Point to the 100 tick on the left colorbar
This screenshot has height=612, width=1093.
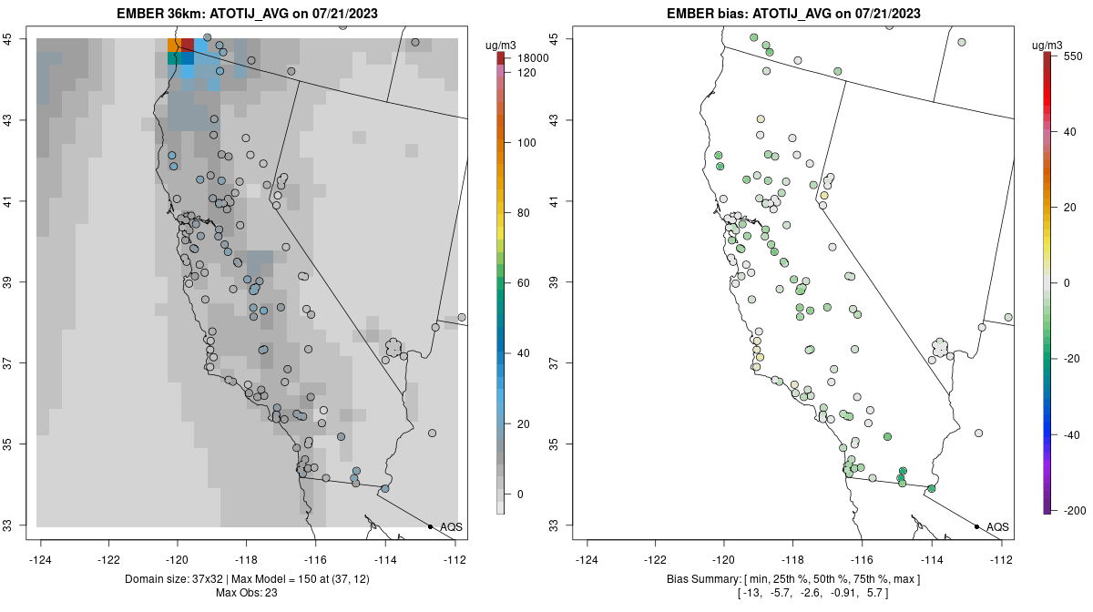pos(526,143)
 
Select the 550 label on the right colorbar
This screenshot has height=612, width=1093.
pos(1071,56)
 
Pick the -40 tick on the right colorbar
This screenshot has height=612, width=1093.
pos(1071,434)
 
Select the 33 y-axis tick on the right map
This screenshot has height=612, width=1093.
pos(555,525)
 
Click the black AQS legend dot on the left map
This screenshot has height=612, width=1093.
pos(430,526)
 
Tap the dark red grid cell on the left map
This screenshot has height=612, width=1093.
pos(188,45)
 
